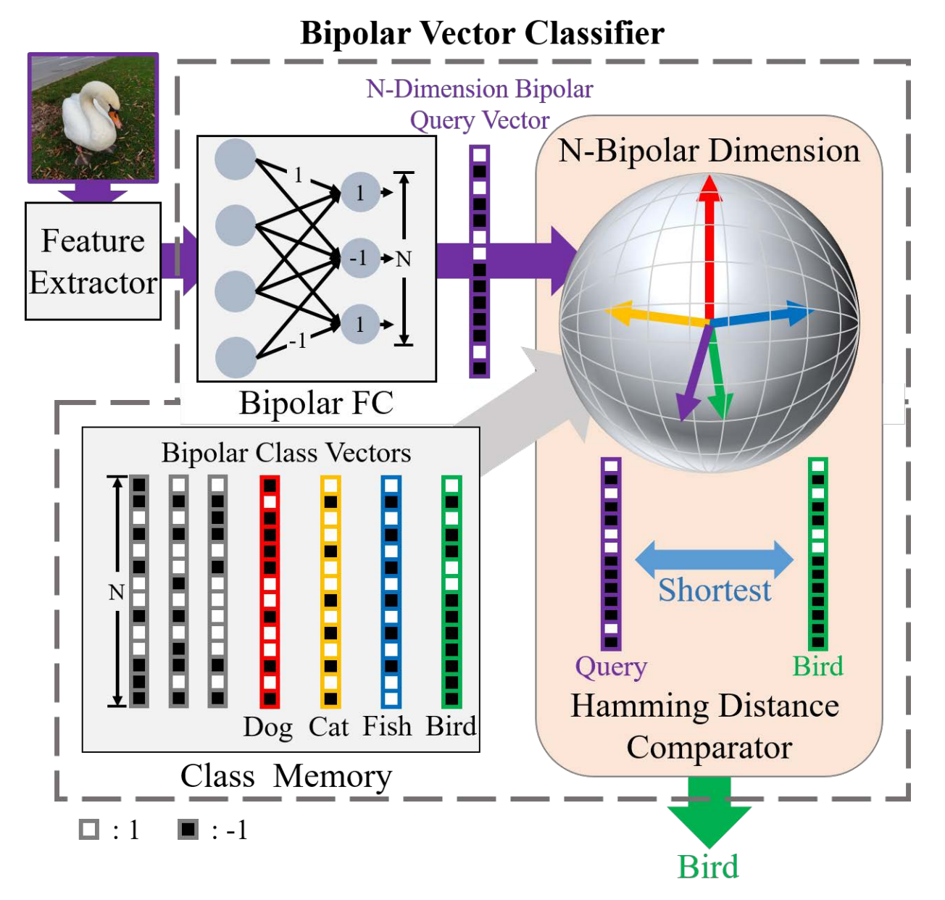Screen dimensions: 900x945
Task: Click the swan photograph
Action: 93,117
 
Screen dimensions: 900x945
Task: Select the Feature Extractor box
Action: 93,261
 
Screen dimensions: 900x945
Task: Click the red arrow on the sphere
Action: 709,246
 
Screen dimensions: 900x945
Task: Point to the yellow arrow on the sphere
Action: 652,316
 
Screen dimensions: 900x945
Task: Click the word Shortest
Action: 715,590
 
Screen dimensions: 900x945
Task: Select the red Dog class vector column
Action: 270,591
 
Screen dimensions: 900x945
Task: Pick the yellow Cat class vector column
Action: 330,591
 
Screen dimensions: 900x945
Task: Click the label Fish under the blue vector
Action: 387,726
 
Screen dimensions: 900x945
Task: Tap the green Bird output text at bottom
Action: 708,867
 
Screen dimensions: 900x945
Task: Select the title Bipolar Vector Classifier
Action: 482,33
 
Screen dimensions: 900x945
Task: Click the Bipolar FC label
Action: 316,403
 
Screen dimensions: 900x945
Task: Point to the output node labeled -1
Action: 359,258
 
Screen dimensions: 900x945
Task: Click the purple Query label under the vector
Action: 611,667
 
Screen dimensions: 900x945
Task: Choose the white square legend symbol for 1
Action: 89,830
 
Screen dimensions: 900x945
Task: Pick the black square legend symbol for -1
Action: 188,830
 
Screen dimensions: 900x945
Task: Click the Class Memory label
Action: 286,776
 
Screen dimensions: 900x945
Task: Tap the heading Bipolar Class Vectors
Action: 286,453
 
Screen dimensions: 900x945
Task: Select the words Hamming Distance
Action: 704,706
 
